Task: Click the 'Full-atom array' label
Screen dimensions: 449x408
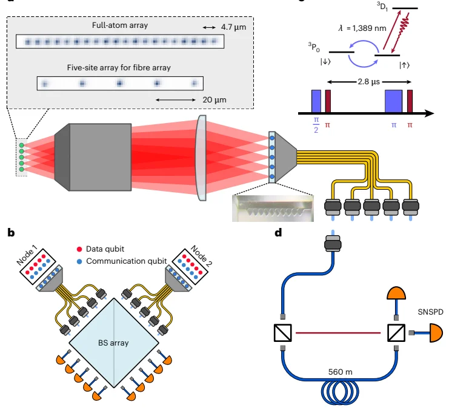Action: pyautogui.click(x=120, y=25)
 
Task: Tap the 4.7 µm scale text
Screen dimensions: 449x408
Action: pyautogui.click(x=233, y=27)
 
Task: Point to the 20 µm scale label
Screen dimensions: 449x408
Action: pyautogui.click(x=215, y=99)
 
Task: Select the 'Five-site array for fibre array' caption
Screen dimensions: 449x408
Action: pyautogui.click(x=119, y=68)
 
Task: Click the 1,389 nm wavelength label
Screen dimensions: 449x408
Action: pyautogui.click(x=362, y=28)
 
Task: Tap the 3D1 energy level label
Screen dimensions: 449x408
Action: pyautogui.click(x=382, y=7)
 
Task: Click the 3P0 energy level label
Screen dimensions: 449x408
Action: pyautogui.click(x=314, y=47)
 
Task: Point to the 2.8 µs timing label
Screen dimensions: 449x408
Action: pyautogui.click(x=368, y=82)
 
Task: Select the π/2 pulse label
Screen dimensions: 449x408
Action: pyautogui.click(x=316, y=125)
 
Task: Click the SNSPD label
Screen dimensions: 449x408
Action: pyautogui.click(x=430, y=312)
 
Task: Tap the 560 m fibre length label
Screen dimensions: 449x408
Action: pyautogui.click(x=340, y=372)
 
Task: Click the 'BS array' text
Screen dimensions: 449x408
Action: pyautogui.click(x=113, y=343)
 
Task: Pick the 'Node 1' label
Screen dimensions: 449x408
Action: pyautogui.click(x=27, y=256)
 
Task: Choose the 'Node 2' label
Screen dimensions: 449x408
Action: pyautogui.click(x=201, y=256)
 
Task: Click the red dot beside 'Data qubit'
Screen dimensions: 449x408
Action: pyautogui.click(x=79, y=249)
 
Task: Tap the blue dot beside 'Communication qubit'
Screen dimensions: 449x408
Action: pyautogui.click(x=79, y=261)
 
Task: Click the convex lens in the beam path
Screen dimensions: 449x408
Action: pyautogui.click(x=201, y=158)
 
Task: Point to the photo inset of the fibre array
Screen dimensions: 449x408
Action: pyautogui.click(x=273, y=209)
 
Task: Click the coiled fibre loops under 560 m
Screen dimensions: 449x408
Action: pyautogui.click(x=340, y=392)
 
